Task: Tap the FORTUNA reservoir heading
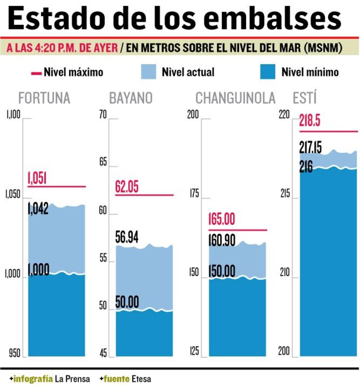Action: [x=44, y=98]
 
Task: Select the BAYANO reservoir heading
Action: [x=131, y=98]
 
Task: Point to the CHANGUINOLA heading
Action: [x=235, y=98]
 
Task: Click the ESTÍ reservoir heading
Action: [x=305, y=98]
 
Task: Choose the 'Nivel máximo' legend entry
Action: [x=67, y=72]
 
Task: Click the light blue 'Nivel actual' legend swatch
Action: [x=149, y=72]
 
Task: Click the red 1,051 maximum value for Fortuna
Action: [x=37, y=178]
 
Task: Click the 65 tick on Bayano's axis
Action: [x=102, y=163]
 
